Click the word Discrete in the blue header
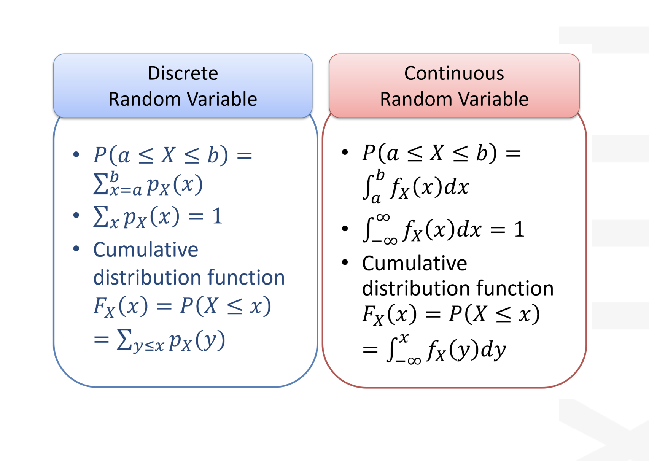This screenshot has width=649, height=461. click(x=183, y=73)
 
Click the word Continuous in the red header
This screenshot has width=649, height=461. click(x=454, y=73)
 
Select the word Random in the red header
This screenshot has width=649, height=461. click(x=415, y=99)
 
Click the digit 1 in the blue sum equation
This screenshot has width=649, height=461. click(x=217, y=216)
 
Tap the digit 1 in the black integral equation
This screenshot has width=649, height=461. click(x=519, y=229)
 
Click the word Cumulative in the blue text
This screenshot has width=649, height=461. click(x=146, y=250)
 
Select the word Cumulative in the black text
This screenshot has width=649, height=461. click(x=415, y=263)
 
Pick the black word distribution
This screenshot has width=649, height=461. click(x=416, y=288)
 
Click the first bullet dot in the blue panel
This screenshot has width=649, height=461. click(x=76, y=154)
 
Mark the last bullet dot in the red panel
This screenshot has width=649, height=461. click(x=345, y=262)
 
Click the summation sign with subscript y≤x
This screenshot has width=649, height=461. click(x=124, y=340)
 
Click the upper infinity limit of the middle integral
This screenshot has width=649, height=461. click(x=383, y=217)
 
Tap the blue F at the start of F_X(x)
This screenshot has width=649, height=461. click(x=99, y=305)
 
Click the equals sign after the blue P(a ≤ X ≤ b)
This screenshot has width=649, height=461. click(x=244, y=155)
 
